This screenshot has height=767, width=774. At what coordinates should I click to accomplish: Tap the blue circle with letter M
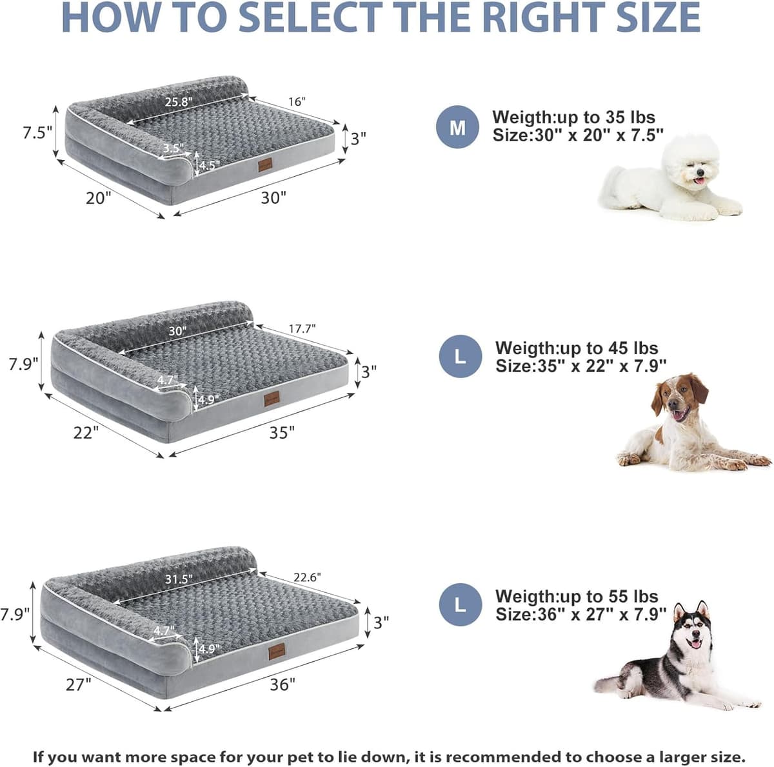tap(457, 127)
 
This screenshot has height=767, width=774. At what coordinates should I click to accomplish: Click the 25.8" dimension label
tap(179, 102)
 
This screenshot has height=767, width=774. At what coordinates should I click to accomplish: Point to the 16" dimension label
tap(297, 102)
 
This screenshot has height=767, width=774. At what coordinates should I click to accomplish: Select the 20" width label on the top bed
tap(99, 198)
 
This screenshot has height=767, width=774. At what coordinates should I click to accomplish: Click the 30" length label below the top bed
tap(273, 198)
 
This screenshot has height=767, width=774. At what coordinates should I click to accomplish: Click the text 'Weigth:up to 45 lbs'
tap(577, 348)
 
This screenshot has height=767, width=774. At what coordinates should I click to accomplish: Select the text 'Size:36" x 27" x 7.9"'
tap(580, 615)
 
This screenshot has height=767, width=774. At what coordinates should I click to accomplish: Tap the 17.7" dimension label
tap(302, 329)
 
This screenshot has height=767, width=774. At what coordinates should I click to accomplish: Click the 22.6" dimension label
tap(307, 577)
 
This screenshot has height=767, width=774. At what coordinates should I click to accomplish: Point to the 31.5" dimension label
tap(179, 579)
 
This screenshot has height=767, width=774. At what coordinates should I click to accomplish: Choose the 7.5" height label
tap(37, 133)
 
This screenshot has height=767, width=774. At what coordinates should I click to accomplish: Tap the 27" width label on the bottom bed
tap(79, 684)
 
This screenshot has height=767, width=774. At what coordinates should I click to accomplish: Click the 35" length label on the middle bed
tap(282, 433)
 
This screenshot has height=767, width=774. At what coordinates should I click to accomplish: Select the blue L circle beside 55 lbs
tap(460, 605)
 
